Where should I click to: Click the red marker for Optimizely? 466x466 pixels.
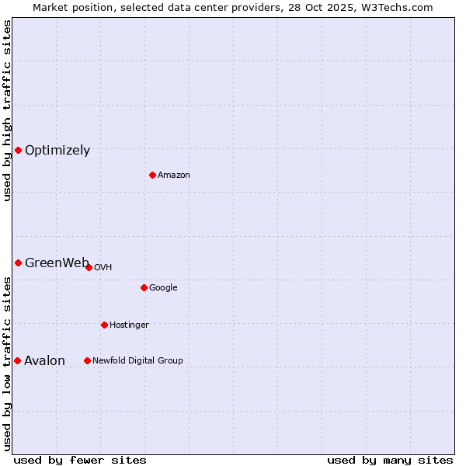coord(18,150)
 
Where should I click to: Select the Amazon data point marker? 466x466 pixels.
coord(152,175)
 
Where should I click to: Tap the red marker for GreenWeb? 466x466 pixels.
coord(18,263)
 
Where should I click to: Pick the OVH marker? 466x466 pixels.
coord(89,267)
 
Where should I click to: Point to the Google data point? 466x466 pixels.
coord(144,287)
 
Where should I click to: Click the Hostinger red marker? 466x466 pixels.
coord(104,325)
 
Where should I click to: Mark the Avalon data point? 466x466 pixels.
coord(17,360)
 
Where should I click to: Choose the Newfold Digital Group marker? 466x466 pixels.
coord(87,360)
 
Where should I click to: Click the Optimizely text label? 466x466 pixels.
coord(57,151)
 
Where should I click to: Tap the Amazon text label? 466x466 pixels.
coord(174,176)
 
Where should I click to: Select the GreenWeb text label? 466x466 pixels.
coord(56,263)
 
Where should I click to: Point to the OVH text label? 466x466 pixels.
coord(103,268)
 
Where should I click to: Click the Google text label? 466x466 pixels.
coord(163,288)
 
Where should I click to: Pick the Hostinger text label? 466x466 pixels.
coord(129,325)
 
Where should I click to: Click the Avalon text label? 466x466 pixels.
coord(45,360)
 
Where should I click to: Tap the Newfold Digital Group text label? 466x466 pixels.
coord(137,361)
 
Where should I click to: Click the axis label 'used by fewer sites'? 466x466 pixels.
coord(80,460)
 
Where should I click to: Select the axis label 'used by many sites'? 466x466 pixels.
coord(390,460)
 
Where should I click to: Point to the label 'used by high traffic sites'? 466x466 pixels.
coord(7,110)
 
